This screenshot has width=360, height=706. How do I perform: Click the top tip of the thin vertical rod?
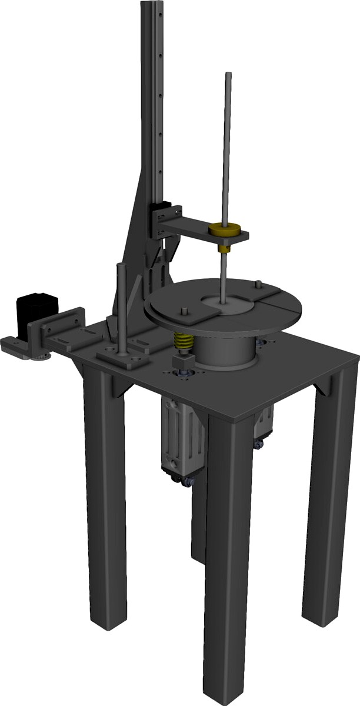tap(228, 75)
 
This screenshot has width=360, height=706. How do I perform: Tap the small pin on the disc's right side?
tap(259, 285)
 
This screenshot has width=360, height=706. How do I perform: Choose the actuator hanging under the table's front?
tap(184, 438)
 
